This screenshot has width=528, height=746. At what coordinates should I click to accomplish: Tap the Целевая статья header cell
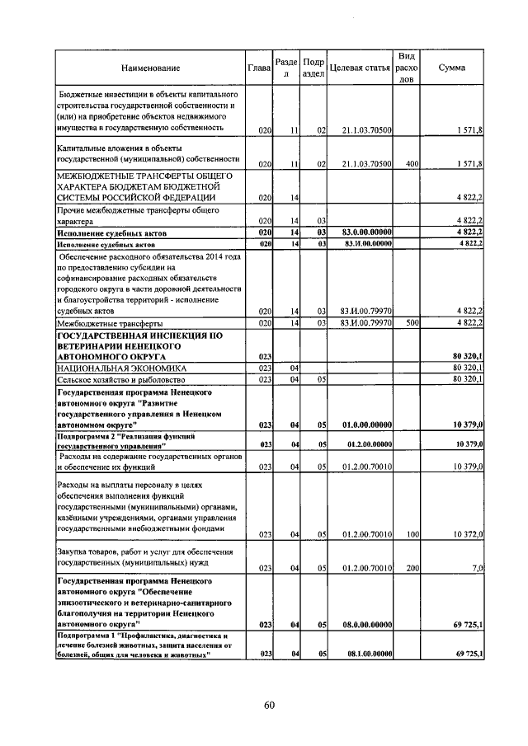pos(359,68)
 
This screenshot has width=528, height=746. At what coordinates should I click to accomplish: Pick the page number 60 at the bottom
pos(269,705)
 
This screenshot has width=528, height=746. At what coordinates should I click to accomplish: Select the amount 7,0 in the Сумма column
pos(477,568)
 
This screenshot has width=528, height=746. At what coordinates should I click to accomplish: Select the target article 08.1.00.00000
pos(363,654)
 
